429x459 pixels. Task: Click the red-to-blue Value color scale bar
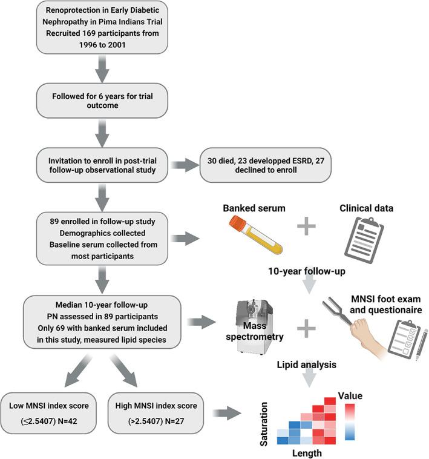click(x=350, y=422)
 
